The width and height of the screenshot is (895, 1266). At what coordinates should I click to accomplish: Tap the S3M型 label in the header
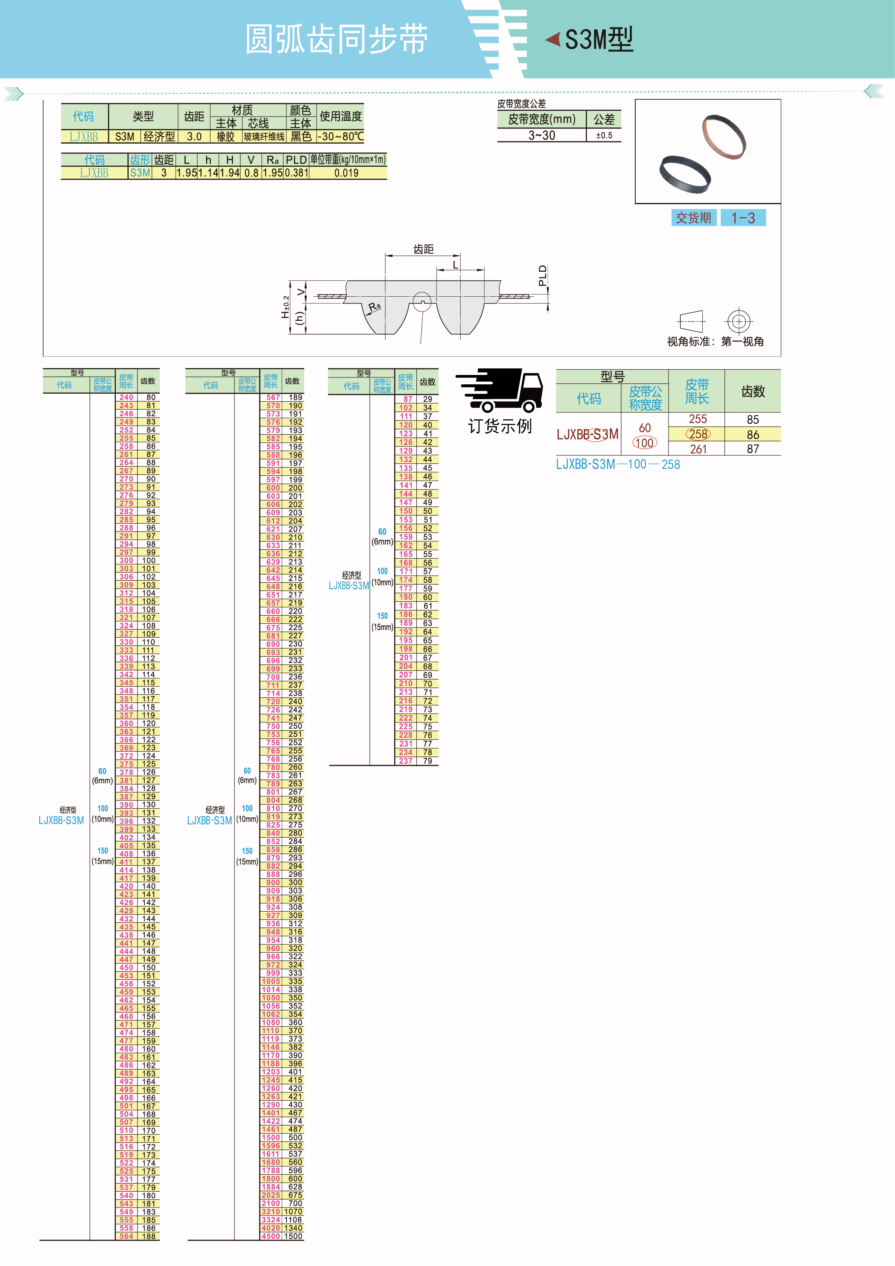598,40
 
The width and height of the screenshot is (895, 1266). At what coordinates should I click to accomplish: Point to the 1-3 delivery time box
743,218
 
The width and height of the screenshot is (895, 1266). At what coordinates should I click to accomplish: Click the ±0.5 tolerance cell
604,135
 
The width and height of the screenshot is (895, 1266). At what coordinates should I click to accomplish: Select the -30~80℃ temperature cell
341,136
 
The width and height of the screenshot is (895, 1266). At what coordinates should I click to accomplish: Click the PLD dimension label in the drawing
542,276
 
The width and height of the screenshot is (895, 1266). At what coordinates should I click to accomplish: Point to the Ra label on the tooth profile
375,306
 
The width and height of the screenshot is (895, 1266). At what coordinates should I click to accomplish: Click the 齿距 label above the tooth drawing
423,249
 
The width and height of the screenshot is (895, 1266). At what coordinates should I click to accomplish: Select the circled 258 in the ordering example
698,434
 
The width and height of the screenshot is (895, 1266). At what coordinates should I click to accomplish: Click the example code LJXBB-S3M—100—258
617,464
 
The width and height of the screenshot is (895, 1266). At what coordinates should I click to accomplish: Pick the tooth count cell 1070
293,1212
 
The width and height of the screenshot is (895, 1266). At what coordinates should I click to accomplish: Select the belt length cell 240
126,397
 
